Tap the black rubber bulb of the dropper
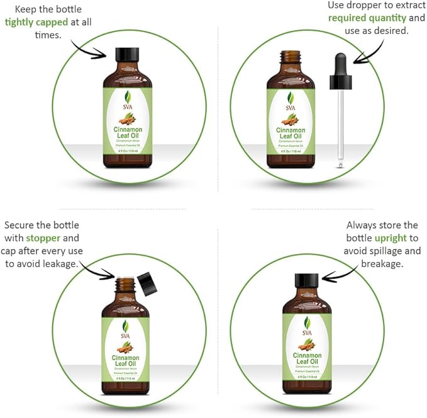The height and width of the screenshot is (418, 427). [x=340, y=65]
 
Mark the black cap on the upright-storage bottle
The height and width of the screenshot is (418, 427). [x=308, y=281]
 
